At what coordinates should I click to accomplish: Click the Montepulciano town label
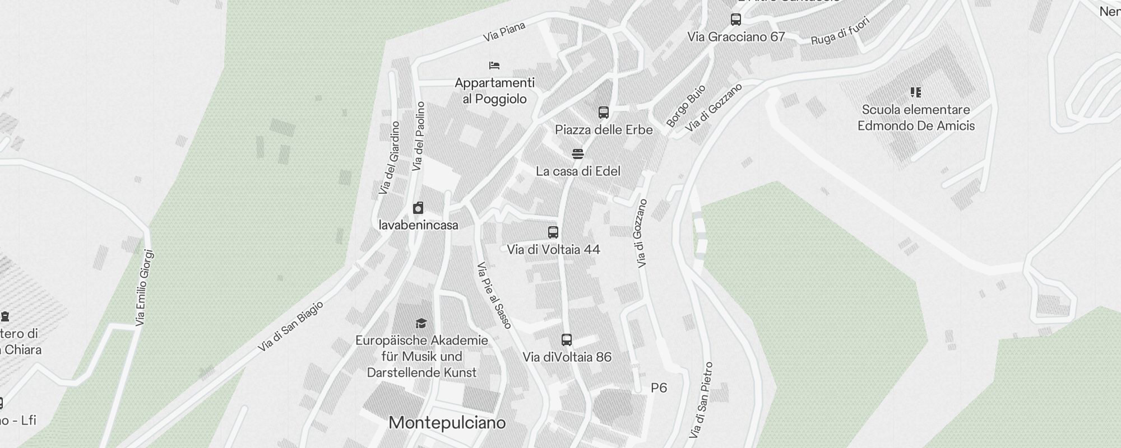coord(447,423)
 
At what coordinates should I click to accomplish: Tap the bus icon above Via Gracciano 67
coord(736,20)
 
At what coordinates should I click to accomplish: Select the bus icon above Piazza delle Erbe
coord(603,113)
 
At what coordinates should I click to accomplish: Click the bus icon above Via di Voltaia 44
coord(553,232)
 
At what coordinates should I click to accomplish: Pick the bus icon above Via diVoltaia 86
coord(567,339)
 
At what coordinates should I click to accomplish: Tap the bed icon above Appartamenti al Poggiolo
coord(494,66)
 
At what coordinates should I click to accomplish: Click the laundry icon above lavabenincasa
coord(418,208)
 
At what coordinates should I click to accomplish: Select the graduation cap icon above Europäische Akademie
coord(421,323)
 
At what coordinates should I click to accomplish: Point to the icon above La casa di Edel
coord(578,153)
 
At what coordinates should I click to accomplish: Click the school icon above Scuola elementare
coord(915,92)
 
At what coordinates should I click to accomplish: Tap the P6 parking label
coord(659,388)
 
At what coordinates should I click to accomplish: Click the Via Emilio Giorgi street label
coord(144,288)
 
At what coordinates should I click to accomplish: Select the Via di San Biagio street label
coord(290,326)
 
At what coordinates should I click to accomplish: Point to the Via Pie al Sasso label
coord(494,295)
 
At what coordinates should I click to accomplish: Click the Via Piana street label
coord(504,31)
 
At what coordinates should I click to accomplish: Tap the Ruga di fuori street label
coord(840,31)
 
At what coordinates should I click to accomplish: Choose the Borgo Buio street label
coord(685,106)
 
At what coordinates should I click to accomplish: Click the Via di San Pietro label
coord(701,400)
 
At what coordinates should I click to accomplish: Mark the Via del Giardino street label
coord(389,158)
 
